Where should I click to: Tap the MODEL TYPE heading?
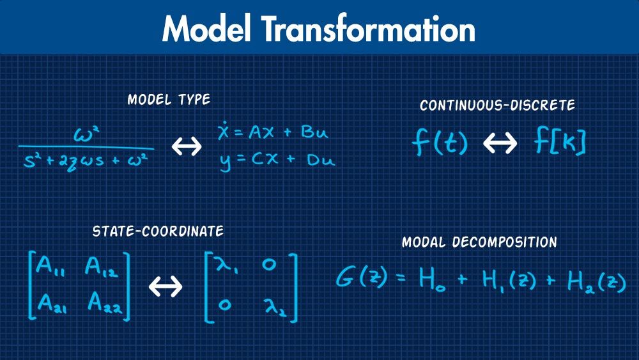point(169,100)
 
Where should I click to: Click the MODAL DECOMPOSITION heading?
point(479,243)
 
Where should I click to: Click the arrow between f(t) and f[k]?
point(499,143)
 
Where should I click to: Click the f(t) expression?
point(440,143)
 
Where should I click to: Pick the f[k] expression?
point(560,143)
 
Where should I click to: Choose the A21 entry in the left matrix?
point(52,302)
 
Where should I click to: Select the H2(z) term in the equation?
point(596,281)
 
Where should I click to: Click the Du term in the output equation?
point(321,160)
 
